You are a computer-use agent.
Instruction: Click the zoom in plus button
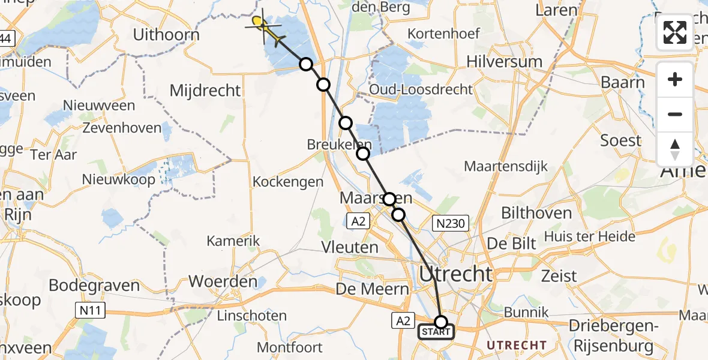[675, 79]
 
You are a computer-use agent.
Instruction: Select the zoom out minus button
[675, 114]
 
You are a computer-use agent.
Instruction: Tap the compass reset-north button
[675, 149]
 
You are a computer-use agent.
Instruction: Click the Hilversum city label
[504, 61]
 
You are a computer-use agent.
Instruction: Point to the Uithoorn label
[166, 35]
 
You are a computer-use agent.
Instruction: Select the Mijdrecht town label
[205, 91]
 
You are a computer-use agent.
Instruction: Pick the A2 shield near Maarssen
[358, 221]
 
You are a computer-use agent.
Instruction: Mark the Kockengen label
[288, 181]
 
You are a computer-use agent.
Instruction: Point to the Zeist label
[559, 276]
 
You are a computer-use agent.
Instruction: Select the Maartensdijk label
[506, 166]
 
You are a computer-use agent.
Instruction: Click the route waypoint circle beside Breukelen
[363, 154]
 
